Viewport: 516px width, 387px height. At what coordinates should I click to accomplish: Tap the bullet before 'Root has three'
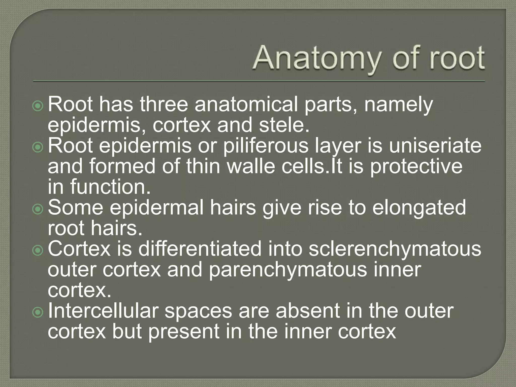[38, 106]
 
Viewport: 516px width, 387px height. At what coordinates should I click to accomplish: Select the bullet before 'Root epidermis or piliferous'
[38, 147]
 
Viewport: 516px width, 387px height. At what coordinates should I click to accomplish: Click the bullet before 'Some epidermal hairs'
[38, 209]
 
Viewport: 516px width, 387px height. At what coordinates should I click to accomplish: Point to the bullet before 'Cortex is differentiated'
[38, 250]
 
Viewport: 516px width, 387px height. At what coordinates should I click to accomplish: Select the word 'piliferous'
[266, 146]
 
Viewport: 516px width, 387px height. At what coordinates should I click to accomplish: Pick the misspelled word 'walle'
[251, 167]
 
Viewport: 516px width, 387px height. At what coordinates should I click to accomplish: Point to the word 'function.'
[110, 187]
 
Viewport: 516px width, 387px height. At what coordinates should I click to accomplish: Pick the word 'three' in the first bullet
[164, 105]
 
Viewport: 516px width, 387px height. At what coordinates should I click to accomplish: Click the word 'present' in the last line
[183, 332]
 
